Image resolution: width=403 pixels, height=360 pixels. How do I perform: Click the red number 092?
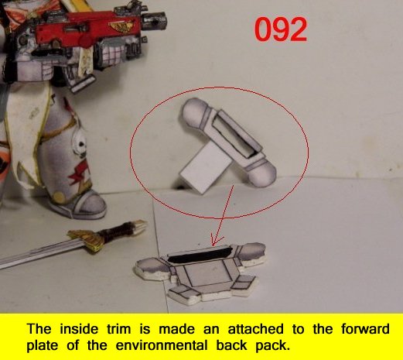coord(281,29)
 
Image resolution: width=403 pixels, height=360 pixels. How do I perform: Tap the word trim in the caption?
coord(119,329)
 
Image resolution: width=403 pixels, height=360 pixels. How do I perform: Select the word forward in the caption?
coord(365,329)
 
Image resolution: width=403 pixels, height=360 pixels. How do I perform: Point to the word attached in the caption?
coord(255,329)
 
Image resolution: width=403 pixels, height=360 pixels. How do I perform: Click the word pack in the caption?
coord(272,346)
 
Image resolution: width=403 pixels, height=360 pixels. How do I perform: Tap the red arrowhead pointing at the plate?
coord(216,241)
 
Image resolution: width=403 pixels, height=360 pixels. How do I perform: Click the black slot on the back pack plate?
coord(199,255)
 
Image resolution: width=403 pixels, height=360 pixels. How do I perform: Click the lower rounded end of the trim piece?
coord(264,173)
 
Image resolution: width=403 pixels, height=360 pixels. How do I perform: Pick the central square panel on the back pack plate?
coord(206,275)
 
